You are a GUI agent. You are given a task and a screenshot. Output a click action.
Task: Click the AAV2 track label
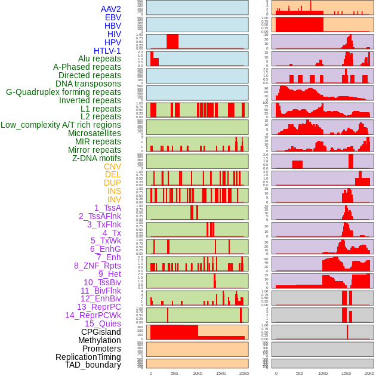[111, 9]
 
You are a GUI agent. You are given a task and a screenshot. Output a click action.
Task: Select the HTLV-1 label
[107, 51]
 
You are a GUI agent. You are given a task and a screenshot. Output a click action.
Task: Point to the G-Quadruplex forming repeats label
[63, 93]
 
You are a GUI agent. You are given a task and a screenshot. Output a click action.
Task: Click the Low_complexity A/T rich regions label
[61, 125]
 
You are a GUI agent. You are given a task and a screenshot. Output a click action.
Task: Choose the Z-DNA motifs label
[97, 158]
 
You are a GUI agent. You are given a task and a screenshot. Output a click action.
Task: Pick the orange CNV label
[112, 167]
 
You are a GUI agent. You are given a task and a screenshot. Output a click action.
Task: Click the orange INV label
[114, 199]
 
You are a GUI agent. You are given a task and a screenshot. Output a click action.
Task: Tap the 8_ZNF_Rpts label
[97, 266]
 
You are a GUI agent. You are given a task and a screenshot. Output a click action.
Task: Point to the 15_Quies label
[103, 323]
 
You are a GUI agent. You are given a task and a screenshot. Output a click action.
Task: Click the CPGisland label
[101, 332]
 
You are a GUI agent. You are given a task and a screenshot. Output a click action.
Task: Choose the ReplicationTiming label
[88, 357]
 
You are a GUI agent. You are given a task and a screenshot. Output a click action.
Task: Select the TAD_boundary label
[93, 365]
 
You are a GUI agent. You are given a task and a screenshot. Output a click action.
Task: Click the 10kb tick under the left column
[198, 373]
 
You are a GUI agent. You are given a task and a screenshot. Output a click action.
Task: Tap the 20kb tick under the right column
[369, 373]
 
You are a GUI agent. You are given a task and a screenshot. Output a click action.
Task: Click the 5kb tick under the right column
[300, 373]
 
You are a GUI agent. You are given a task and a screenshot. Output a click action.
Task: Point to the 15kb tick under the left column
[221, 373]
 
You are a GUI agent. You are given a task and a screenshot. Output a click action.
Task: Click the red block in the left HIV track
[172, 41]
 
